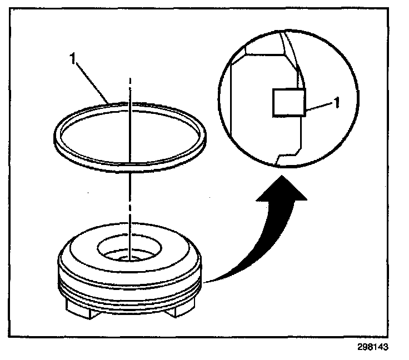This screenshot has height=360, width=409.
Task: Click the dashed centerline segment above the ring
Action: (x=129, y=89)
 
